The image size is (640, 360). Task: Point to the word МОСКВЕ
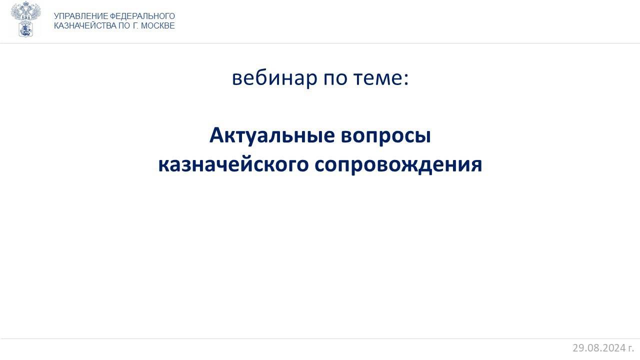pyautogui.click(x=158, y=25)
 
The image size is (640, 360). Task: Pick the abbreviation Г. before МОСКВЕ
pyautogui.click(x=135, y=25)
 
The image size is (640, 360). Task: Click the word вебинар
pyautogui.click(x=274, y=78)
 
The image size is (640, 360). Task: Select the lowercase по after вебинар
pyautogui.click(x=335, y=79)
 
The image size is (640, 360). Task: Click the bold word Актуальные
pyautogui.click(x=272, y=135)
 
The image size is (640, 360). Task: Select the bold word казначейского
pyautogui.click(x=233, y=165)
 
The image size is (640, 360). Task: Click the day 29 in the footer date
pyautogui.click(x=578, y=348)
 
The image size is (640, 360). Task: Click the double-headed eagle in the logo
pyautogui.click(x=25, y=10)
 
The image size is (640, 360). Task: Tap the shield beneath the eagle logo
pyautogui.click(x=25, y=29)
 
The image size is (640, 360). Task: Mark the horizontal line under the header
pyautogui.click(x=320, y=43)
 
